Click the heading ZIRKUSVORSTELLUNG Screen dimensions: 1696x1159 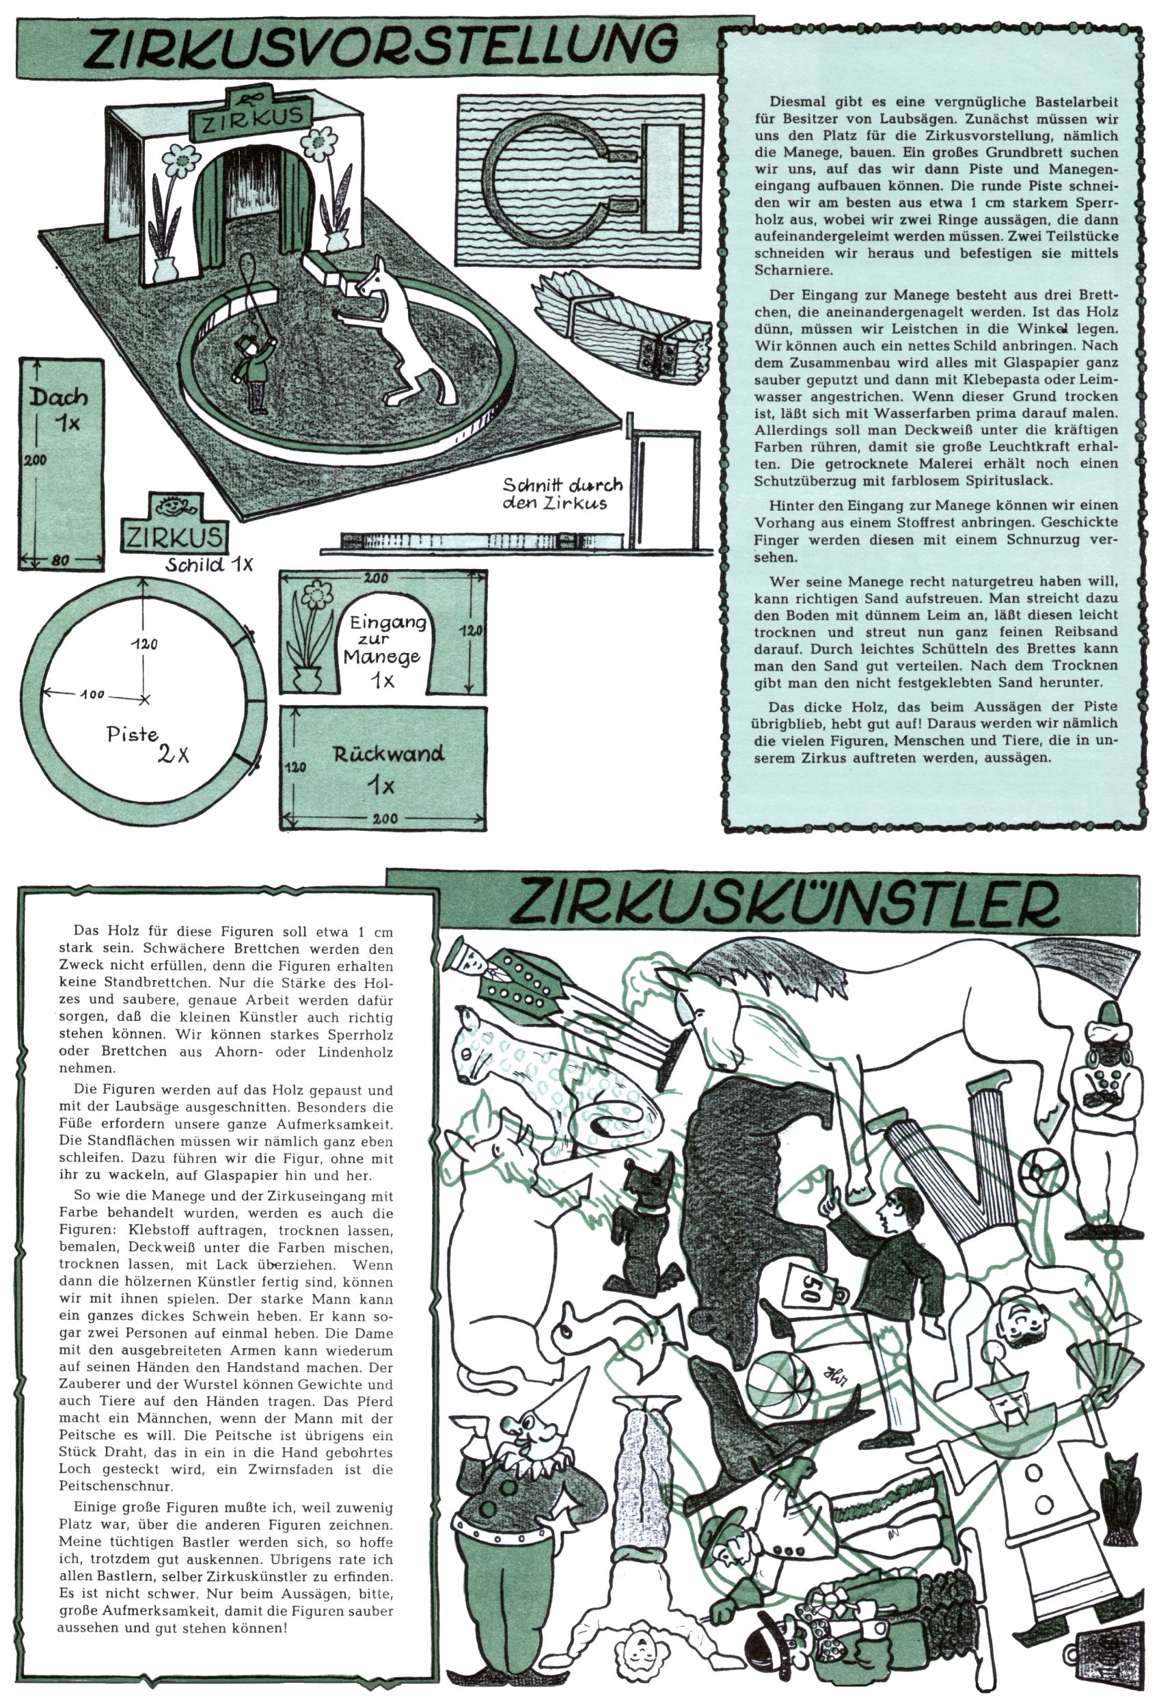tap(379, 47)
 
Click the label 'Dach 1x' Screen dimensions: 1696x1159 tap(60, 409)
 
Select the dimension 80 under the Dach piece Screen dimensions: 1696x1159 tap(61, 561)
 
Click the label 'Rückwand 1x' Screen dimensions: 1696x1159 tap(387, 768)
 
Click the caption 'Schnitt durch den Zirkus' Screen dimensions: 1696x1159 tap(562, 494)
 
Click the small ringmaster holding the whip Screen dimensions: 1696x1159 tap(254, 372)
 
